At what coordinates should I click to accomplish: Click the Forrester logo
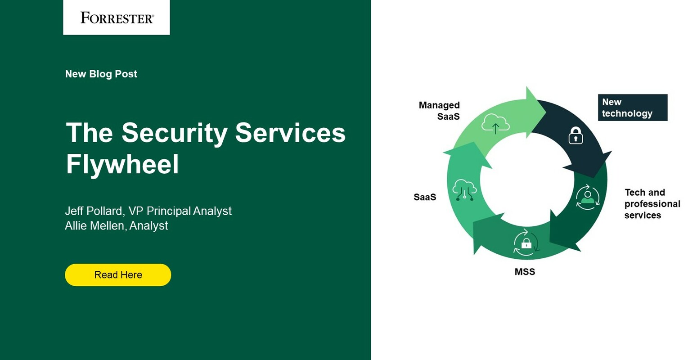tap(117, 18)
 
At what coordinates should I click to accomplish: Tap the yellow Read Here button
tap(118, 275)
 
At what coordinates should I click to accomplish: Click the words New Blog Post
tap(101, 74)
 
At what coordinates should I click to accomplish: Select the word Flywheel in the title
tap(122, 164)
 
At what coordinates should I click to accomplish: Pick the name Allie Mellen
tap(95, 225)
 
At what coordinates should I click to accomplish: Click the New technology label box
tap(632, 108)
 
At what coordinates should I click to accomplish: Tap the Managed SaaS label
tap(440, 111)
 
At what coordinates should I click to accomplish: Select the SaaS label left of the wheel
tap(425, 197)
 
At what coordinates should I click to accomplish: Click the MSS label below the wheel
tap(525, 272)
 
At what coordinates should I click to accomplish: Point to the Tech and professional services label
tap(652, 204)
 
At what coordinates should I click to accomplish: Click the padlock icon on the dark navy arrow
tap(576, 135)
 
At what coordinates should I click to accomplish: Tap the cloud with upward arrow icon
tap(495, 124)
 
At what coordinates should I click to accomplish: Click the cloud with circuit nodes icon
tap(464, 189)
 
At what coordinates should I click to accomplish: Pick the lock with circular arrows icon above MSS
tap(526, 243)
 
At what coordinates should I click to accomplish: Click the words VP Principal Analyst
tap(180, 211)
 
